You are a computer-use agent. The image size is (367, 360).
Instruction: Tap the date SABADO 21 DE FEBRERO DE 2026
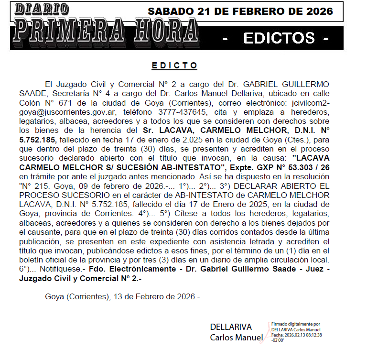pos(240,11)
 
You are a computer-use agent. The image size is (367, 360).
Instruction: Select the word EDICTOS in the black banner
pos(279,38)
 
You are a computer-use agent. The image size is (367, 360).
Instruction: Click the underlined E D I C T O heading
pos(174,65)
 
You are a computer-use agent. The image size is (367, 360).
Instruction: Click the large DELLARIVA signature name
pos(231,327)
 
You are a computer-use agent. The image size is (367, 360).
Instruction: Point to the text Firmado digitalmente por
pos(295,324)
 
